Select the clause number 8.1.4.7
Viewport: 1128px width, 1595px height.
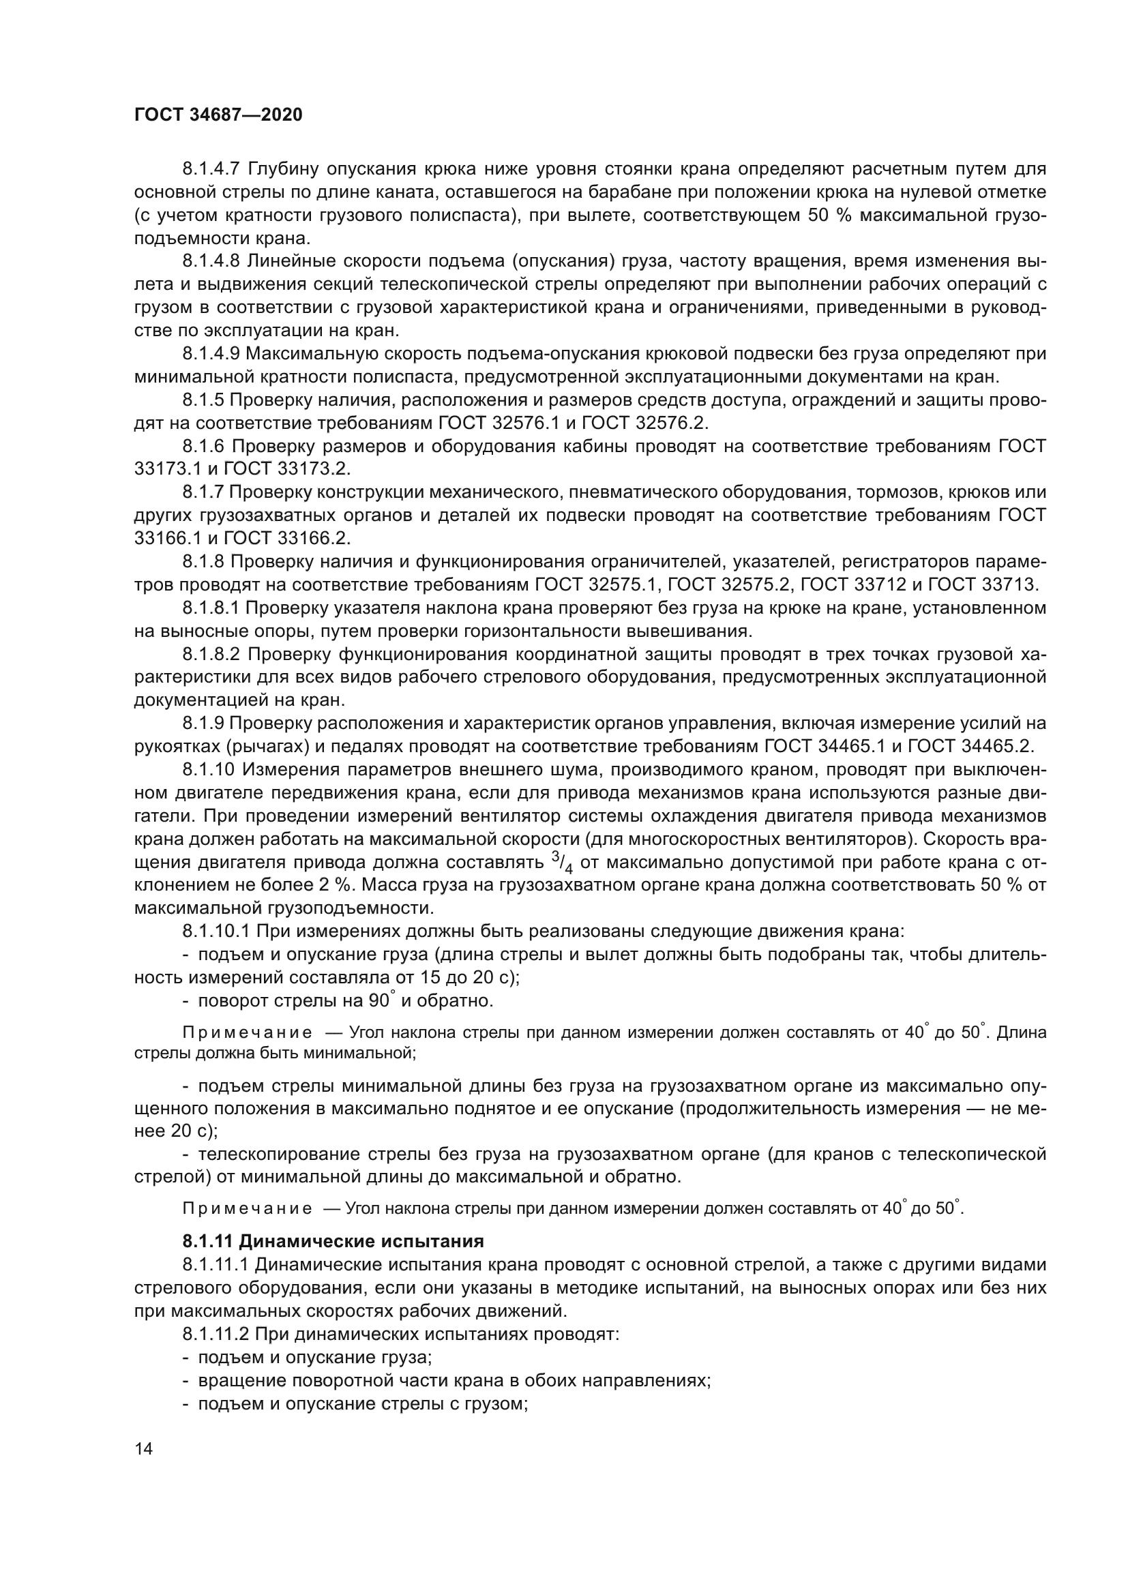[x=211, y=169]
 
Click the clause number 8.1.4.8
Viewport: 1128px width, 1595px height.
[x=211, y=261]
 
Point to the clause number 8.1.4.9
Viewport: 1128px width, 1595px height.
[x=211, y=354]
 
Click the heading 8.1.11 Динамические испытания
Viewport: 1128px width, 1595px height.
[x=333, y=1240]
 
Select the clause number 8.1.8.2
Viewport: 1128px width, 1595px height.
[x=211, y=655]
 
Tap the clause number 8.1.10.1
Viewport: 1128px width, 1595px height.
[x=216, y=931]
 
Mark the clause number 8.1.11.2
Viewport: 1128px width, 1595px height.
[x=216, y=1335]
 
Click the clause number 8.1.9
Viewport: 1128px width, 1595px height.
[x=203, y=724]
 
